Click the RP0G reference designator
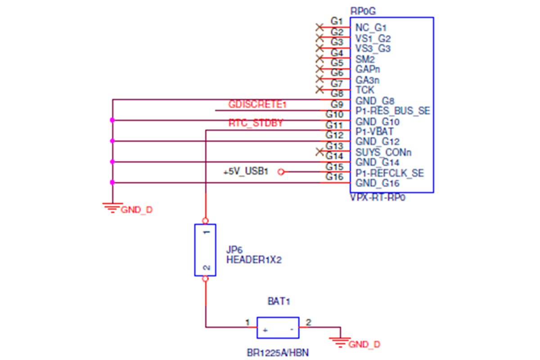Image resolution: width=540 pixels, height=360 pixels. pos(363,11)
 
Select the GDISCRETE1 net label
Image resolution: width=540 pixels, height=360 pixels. pos(257,104)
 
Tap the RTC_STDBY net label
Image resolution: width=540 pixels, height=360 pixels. pos(256,123)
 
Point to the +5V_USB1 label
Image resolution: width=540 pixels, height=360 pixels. pos(246,171)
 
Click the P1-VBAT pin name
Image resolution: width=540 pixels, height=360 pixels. pos(374,132)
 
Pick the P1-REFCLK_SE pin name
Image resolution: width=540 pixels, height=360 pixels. pos(390,173)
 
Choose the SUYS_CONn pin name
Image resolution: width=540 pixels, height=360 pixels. pos(383,153)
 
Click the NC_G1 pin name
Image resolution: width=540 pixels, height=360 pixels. pos(371,28)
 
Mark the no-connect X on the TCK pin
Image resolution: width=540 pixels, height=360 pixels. pos(319,90)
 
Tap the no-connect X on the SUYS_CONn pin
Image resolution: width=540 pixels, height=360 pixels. pos(319,152)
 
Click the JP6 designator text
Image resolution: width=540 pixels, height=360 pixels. pos(234,250)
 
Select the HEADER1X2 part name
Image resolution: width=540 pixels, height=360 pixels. pos(254,260)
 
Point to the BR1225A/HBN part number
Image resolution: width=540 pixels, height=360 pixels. pos(278,353)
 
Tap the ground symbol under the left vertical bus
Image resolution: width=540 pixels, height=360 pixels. pos(112,208)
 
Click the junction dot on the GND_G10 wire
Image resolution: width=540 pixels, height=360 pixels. pos(112,120)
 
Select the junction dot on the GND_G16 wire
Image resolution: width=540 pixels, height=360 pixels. pos(112,182)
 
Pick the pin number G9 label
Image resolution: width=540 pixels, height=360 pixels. pos(337,104)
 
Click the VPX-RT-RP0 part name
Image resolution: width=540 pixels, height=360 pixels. pos(378,198)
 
